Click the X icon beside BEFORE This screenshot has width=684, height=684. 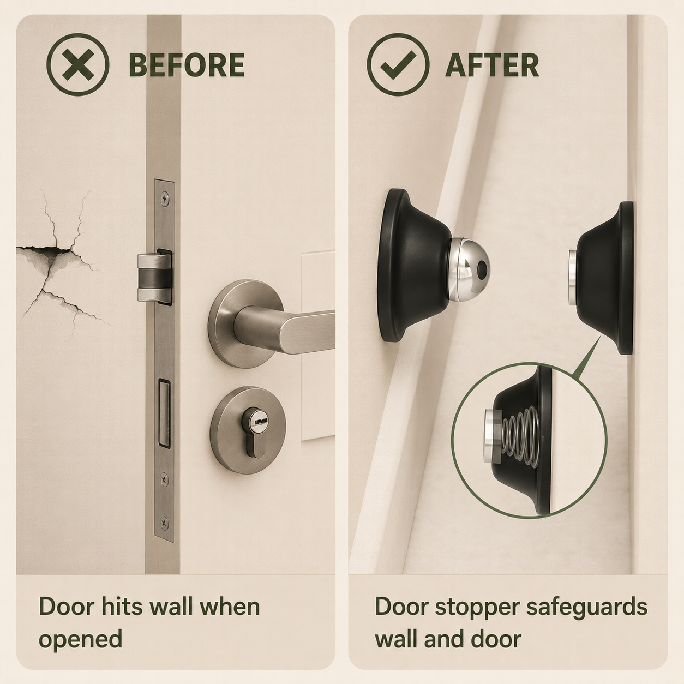(x=78, y=64)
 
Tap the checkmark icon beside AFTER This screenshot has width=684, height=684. (x=398, y=64)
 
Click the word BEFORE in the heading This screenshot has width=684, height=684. (x=187, y=65)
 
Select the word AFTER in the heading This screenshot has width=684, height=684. (x=492, y=65)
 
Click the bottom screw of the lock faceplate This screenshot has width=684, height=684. (x=164, y=523)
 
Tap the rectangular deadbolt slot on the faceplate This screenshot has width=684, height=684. (x=164, y=413)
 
